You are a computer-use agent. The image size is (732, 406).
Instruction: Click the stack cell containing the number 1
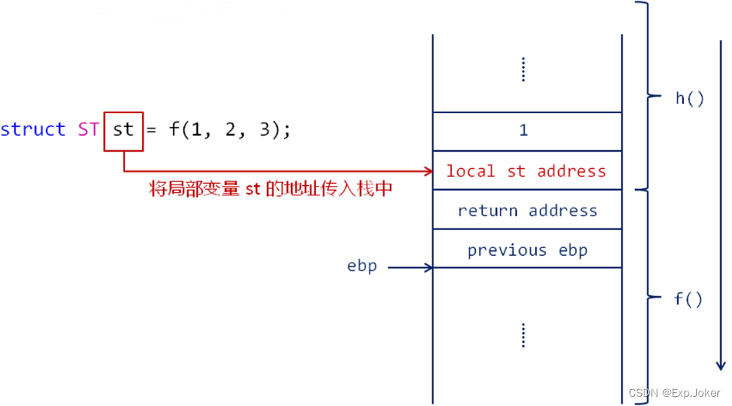tap(527, 131)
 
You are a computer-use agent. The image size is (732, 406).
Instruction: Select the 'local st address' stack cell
tap(527, 170)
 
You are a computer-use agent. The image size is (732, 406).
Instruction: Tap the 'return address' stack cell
tap(527, 210)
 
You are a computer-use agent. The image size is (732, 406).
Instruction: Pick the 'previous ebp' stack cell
tap(527, 249)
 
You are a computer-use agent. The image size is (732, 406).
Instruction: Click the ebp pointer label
tap(362, 266)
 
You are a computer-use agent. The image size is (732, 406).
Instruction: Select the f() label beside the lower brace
tap(688, 299)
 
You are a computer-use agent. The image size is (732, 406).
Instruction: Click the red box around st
tap(123, 129)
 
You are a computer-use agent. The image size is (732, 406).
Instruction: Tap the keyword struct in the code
tap(33, 129)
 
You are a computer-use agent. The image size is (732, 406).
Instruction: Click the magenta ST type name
tap(88, 129)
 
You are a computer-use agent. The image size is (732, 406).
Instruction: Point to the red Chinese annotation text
tap(270, 189)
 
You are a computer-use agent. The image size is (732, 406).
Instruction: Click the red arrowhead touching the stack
tap(428, 170)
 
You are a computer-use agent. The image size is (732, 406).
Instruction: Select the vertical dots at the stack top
tap(523, 70)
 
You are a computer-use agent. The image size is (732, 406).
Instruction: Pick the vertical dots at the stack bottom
tap(523, 335)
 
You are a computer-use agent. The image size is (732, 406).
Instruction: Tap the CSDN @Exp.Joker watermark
tap(674, 394)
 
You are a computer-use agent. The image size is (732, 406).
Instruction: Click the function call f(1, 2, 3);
tap(230, 129)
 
